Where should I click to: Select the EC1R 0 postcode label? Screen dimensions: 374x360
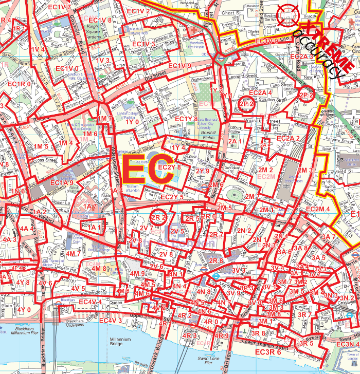pyautogui.click(x=19, y=84)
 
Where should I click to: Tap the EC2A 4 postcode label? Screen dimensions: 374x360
pyautogui.click(x=260, y=92)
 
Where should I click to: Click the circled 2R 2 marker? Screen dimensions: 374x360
pyautogui.click(x=158, y=218)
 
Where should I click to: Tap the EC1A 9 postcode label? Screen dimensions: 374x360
pyautogui.click(x=62, y=182)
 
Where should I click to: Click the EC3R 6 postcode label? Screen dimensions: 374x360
pyautogui.click(x=268, y=352)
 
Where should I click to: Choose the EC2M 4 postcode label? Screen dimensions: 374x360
pyautogui.click(x=317, y=209)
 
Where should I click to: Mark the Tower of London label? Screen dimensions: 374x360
pyautogui.click(x=352, y=358)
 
